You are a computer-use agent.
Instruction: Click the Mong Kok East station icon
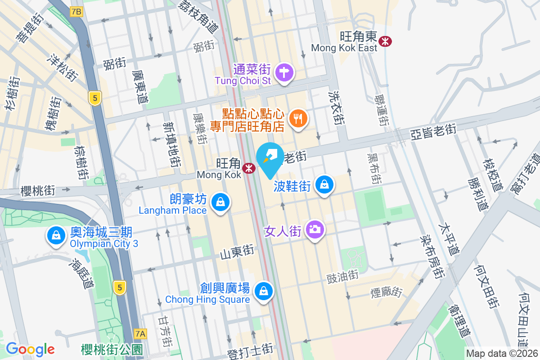pos(385,41)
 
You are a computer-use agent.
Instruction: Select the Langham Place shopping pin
pos(220,202)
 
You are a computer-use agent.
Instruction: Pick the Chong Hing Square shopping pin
pos(263,292)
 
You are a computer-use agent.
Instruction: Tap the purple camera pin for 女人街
pos(315,229)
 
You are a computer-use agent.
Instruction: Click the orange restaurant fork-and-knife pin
pos(297,119)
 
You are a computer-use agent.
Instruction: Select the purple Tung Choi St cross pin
pos(284,72)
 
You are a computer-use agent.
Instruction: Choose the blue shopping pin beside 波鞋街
pos(324,184)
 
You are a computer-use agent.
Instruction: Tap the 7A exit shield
pos(141,333)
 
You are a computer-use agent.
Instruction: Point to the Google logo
pos(30,349)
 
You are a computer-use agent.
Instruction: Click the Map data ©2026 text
pos(502,354)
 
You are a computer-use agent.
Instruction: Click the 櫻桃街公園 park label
pos(112,349)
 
